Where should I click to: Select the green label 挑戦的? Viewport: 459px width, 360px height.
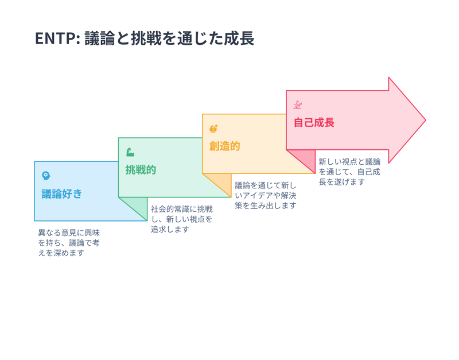tap(141, 170)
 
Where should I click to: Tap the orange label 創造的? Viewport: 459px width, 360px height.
tap(224, 146)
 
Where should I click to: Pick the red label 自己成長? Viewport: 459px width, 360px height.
tap(313, 122)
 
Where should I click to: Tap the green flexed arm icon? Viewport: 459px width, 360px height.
tap(130, 152)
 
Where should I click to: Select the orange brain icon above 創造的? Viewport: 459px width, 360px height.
tap(213, 129)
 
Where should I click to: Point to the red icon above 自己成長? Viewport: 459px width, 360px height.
tap(298, 104)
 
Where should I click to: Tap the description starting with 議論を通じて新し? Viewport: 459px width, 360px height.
tap(266, 195)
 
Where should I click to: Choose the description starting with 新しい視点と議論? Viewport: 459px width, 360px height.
tap(349, 172)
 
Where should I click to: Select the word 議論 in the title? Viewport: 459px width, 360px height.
tap(98, 39)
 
